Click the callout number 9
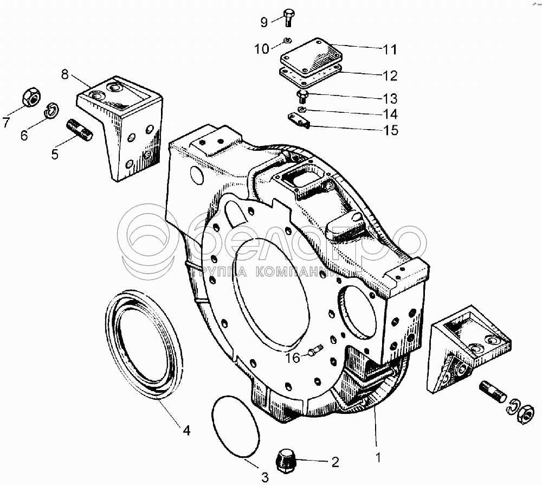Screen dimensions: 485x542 264,22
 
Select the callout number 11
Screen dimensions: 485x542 390,49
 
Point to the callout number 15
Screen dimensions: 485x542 390,130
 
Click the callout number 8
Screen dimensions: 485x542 65,75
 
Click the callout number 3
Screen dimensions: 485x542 265,477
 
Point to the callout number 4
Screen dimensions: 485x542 186,431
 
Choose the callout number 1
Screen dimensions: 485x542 378,457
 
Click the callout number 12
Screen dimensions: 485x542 390,74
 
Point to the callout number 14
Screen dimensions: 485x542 390,114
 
